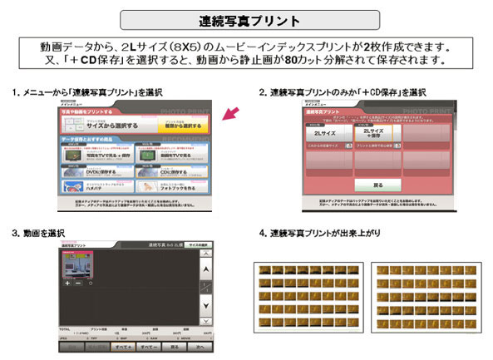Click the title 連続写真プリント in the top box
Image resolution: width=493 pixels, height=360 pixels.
[247, 18]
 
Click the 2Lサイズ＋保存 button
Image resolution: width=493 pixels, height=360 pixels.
[376, 132]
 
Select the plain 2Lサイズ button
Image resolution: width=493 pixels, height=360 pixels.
[328, 132]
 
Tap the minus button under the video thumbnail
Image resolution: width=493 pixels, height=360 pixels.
[79, 283]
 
